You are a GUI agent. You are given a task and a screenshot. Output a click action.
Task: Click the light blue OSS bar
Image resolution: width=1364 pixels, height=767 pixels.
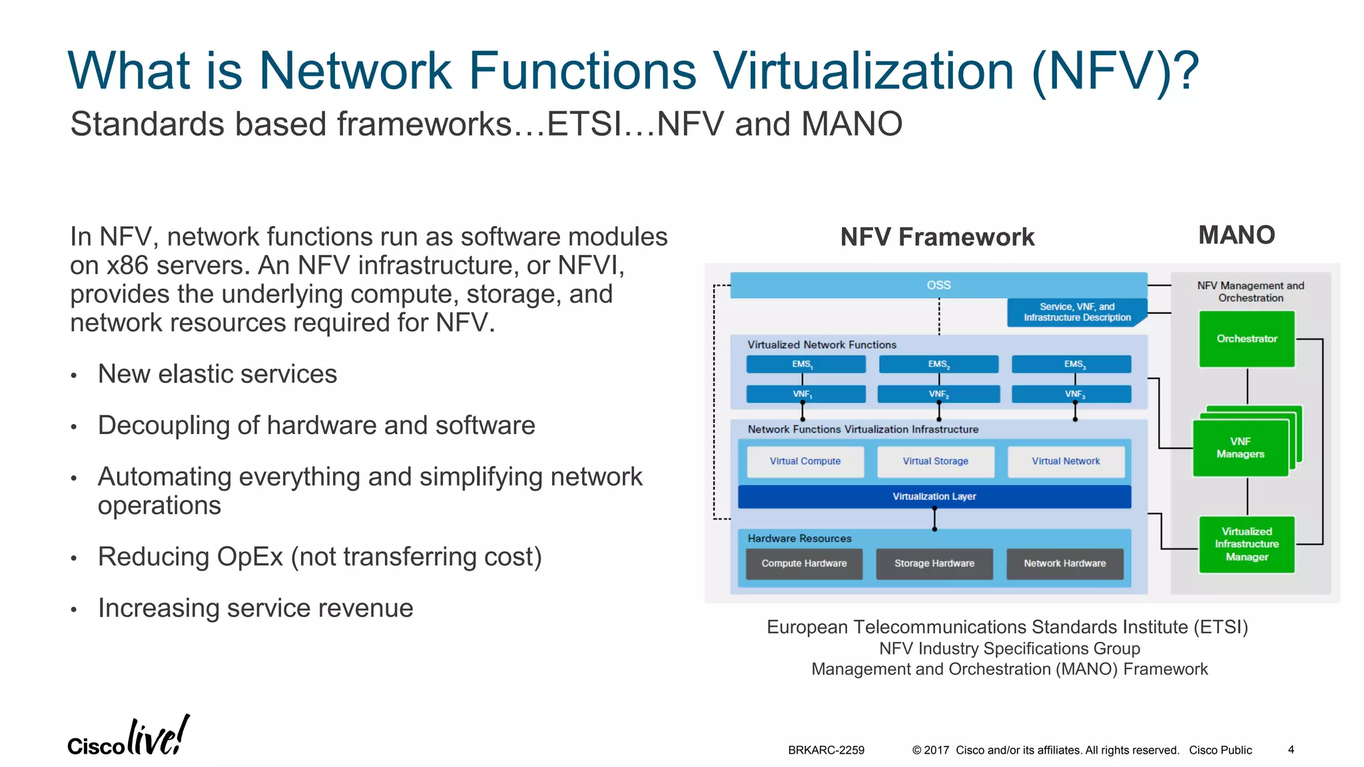(x=938, y=285)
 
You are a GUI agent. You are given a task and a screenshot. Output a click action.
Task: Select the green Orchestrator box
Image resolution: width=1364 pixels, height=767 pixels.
(x=1247, y=339)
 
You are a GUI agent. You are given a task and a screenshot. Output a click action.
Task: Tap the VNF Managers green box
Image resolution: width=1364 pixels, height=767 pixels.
(x=1240, y=448)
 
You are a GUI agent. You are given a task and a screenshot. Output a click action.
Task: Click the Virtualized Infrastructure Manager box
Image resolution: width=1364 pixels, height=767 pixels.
(x=1247, y=544)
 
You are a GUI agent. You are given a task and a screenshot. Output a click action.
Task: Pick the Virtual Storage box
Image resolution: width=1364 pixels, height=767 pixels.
(x=935, y=461)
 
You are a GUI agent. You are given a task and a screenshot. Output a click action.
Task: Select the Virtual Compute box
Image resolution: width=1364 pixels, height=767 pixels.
(x=805, y=461)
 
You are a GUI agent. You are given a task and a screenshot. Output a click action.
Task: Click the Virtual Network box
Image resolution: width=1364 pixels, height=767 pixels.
(x=1066, y=461)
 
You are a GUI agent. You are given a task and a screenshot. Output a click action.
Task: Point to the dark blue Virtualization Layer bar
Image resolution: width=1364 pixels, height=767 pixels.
(x=934, y=497)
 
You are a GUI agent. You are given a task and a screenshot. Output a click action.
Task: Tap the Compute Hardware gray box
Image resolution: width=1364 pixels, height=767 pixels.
(x=804, y=563)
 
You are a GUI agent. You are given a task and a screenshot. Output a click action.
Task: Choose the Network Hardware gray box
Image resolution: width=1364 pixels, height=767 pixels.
(x=1064, y=563)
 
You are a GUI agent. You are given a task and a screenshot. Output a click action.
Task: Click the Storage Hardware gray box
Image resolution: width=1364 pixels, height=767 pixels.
(x=934, y=563)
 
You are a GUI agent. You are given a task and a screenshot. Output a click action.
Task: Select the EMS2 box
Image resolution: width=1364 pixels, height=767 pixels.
(x=938, y=364)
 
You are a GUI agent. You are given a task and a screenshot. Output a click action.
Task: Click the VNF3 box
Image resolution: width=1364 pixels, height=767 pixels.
(x=1071, y=394)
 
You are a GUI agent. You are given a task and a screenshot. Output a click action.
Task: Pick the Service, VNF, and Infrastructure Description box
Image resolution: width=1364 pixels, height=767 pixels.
(x=1076, y=312)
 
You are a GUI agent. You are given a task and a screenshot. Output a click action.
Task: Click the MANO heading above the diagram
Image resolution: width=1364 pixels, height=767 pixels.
(x=1236, y=235)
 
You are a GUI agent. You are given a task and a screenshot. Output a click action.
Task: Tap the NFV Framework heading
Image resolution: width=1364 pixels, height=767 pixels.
(x=937, y=237)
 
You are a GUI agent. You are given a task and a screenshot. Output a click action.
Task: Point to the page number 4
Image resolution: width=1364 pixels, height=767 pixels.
(x=1291, y=750)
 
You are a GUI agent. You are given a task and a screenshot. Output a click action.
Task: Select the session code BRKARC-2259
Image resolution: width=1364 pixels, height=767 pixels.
(x=826, y=750)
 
